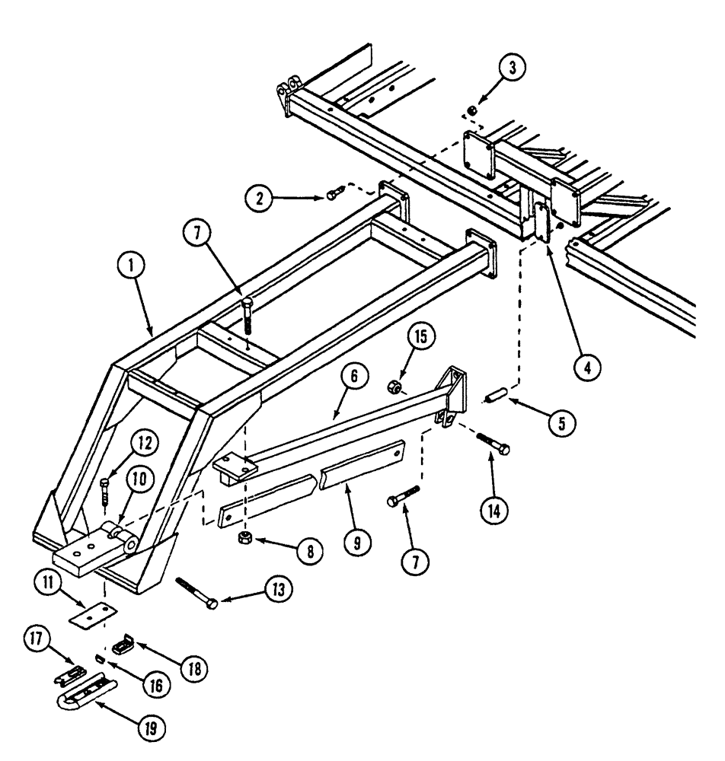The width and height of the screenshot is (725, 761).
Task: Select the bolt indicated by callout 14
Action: (x=493, y=444)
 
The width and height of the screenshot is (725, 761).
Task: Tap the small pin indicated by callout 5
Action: (x=495, y=397)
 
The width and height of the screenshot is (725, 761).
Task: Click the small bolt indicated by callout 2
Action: (x=332, y=196)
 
